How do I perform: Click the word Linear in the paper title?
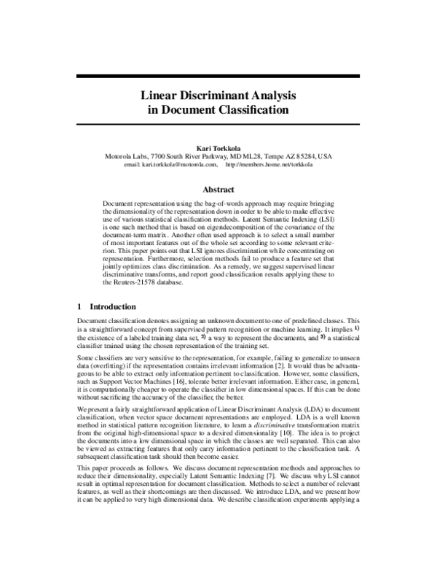(160, 95)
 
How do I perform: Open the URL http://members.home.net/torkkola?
(269, 165)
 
